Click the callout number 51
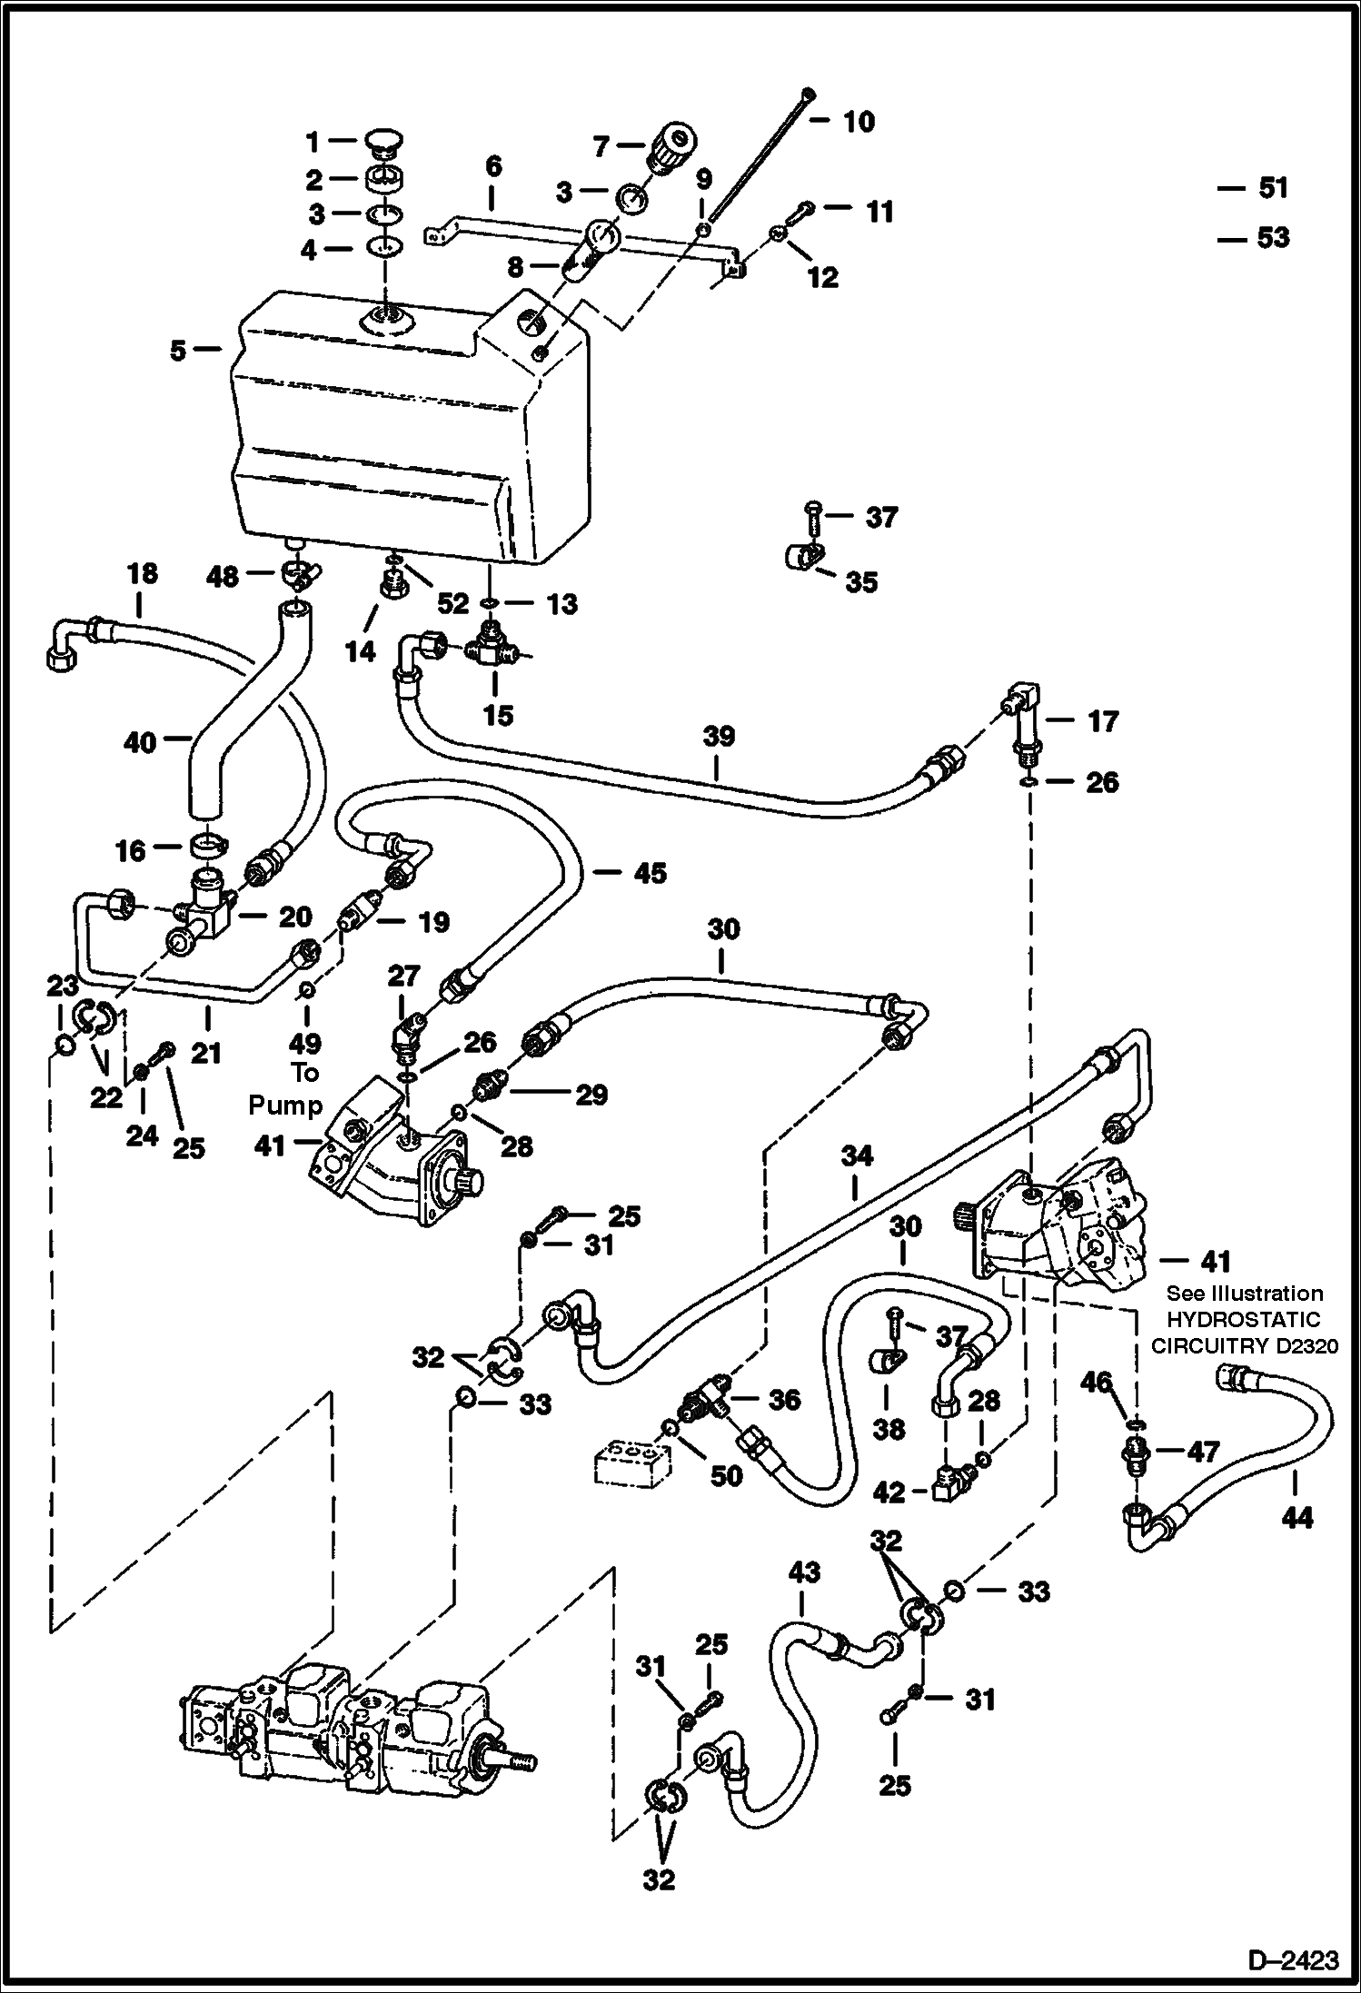pyautogui.click(x=1273, y=188)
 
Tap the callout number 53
pyautogui.click(x=1273, y=238)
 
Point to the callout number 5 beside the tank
pyautogui.click(x=178, y=350)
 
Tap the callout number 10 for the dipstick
pyautogui.click(x=859, y=122)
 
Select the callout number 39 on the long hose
pyautogui.click(x=718, y=736)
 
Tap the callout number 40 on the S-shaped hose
pyautogui.click(x=141, y=742)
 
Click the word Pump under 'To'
pyautogui.click(x=286, y=1105)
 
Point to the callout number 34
pyautogui.click(x=856, y=1155)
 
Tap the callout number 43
pyautogui.click(x=803, y=1572)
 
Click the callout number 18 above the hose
pyautogui.click(x=143, y=574)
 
